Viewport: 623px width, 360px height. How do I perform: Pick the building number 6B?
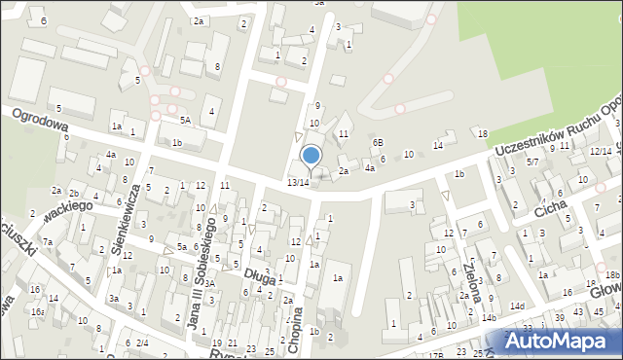coord(378,142)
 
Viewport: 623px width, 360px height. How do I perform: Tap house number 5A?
coord(184,121)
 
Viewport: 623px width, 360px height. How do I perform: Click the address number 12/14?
coord(600,151)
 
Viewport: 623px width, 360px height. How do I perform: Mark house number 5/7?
coord(532,162)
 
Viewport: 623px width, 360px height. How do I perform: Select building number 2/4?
coord(142,342)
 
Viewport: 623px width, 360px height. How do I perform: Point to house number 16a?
coord(37,311)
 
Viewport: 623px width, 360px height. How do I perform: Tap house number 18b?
coord(610,275)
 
